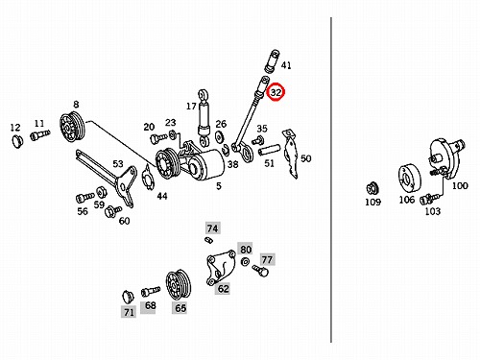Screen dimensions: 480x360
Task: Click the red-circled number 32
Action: tap(276, 92)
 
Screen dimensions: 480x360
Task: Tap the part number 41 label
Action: tap(286, 65)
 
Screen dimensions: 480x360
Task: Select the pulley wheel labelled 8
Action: tap(73, 126)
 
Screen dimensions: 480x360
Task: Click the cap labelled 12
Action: tap(17, 140)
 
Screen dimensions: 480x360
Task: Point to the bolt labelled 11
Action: tap(40, 134)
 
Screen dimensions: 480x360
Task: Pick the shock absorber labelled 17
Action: tap(204, 117)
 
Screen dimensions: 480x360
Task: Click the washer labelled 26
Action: tap(220, 136)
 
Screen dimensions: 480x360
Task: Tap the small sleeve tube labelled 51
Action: tap(269, 150)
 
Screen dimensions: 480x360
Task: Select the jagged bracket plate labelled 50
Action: tap(292, 153)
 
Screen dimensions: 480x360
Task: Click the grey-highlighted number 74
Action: tap(212, 228)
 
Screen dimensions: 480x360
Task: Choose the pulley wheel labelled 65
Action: tap(179, 284)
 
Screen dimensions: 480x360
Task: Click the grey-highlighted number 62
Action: tap(224, 288)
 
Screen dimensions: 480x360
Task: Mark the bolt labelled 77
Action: tap(260, 270)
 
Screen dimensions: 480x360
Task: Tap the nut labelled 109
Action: tap(372, 188)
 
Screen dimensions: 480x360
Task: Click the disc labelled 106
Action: tap(409, 180)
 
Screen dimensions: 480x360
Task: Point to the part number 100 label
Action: tap(460, 185)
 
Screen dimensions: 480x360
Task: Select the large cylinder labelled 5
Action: tap(205, 166)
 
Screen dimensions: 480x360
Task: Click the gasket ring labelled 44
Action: tap(148, 177)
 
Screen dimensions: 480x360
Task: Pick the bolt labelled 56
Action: tap(84, 198)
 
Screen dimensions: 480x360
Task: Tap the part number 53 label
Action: tap(118, 164)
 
